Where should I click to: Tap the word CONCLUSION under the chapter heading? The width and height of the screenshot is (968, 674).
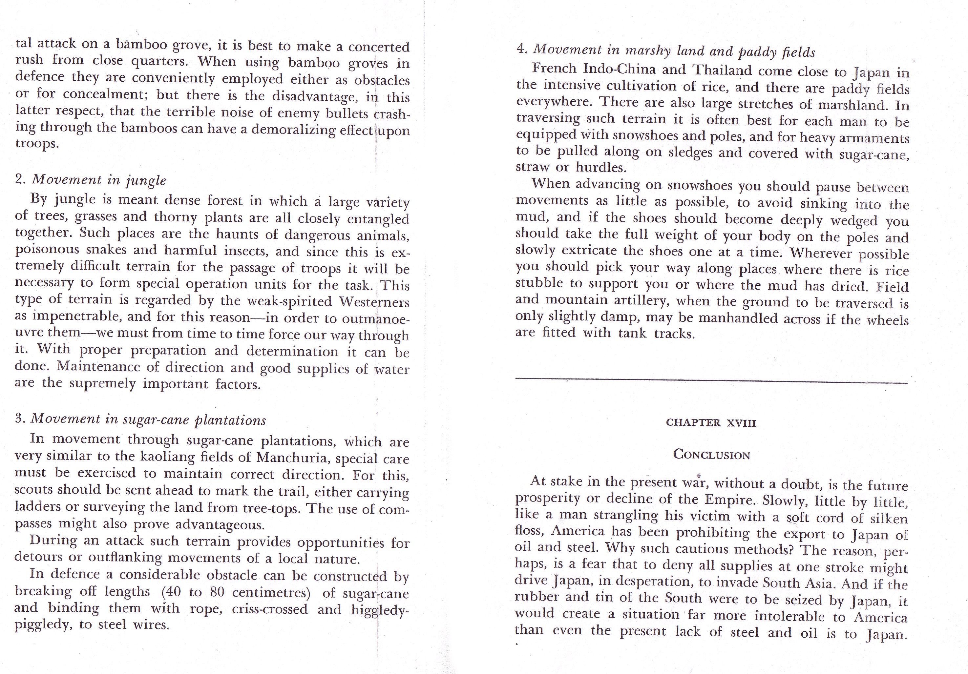(711, 454)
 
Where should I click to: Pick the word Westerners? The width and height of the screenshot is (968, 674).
(374, 302)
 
